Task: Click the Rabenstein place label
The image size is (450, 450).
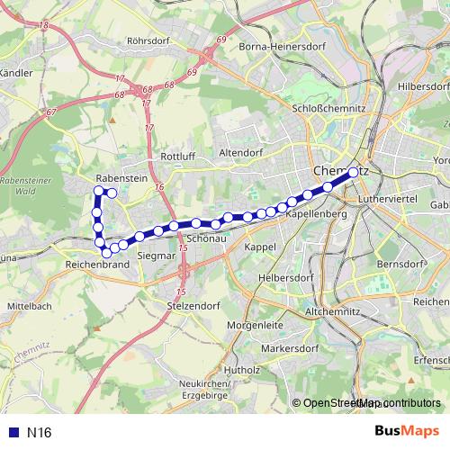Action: [x=121, y=178]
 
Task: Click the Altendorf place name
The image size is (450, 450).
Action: [x=238, y=153]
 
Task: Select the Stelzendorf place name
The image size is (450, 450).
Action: [x=193, y=307]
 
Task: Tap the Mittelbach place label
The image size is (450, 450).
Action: [x=30, y=306]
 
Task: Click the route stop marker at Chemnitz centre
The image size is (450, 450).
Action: [x=353, y=171]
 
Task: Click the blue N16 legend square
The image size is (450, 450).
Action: [x=13, y=433]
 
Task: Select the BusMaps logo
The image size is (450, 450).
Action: [x=406, y=432]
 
